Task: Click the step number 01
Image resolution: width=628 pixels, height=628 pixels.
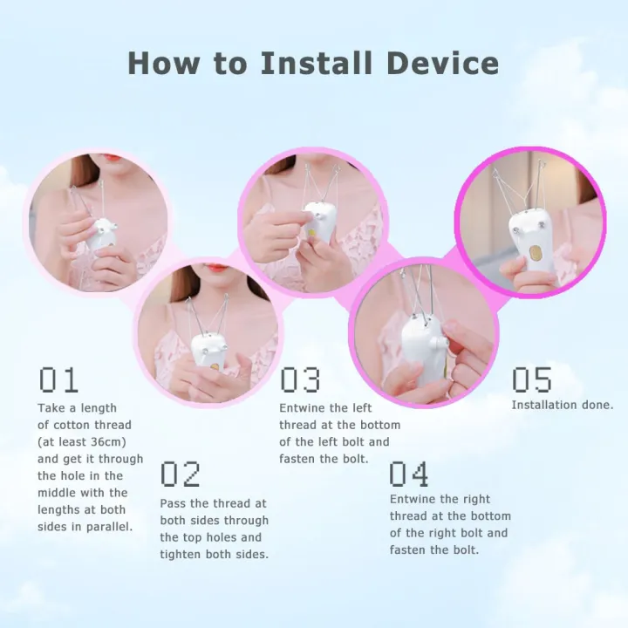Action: coord(58,380)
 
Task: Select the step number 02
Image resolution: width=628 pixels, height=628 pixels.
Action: coord(181,474)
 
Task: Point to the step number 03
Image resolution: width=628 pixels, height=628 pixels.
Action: coord(300,380)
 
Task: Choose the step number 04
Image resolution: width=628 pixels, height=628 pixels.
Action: coord(409,474)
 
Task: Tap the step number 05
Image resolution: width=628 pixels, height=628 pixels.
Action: coord(532,380)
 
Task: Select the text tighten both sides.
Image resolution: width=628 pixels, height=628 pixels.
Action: coord(214,554)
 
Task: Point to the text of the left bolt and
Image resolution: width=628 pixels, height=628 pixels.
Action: coord(334,441)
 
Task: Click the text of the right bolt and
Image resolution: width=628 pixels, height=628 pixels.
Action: coord(448,533)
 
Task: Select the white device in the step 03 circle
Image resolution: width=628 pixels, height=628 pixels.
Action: coord(317,223)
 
